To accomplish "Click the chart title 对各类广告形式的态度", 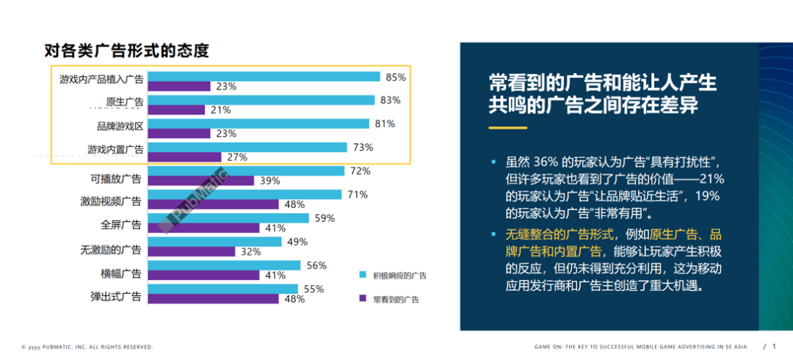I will pos(127,51).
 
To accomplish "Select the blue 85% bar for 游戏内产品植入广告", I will pos(264,77).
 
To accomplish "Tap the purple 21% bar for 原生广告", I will pos(177,110).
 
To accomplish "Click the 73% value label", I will pos(362,148).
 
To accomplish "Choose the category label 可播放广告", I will pos(115,179).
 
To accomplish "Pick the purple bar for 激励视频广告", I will pos(214,204).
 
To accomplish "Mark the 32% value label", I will pos(250,251).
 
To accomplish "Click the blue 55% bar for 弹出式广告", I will pos(224,289).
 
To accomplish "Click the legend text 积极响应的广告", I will pos(399,276).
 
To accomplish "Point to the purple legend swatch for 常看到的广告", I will pos(362,299).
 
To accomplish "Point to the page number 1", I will pos(774,346).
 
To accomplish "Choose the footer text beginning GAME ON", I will pos(643,347).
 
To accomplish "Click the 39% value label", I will pos(269,181).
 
